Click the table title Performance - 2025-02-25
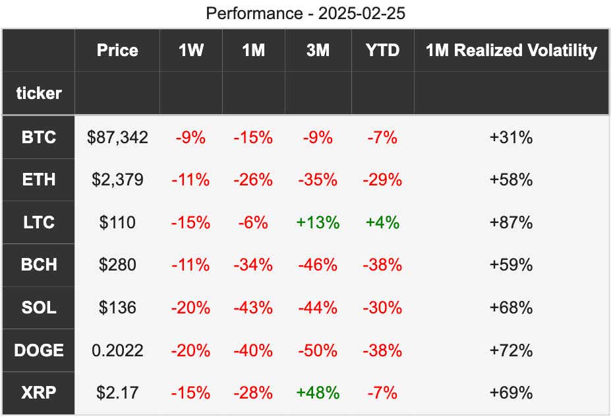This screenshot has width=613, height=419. point(305,13)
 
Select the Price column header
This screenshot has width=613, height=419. point(117,50)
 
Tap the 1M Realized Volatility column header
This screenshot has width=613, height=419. point(511,50)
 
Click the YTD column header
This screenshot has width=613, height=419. point(382,50)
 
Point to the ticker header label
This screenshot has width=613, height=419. point(39,93)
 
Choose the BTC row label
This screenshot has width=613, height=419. point(39,137)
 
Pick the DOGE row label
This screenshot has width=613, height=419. point(39,350)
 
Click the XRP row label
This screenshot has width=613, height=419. point(39,393)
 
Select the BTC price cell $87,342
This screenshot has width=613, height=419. point(117,137)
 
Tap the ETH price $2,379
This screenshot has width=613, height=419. point(117,179)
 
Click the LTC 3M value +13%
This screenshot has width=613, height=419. point(318,222)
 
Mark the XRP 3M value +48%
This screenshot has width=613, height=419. point(318,393)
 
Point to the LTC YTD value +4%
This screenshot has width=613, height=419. point(382,222)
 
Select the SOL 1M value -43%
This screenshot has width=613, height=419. point(253,307)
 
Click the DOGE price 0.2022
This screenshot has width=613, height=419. point(117,350)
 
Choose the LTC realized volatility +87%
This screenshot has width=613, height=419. point(511,222)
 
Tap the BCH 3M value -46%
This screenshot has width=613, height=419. point(318,265)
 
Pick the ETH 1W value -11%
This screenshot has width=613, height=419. point(190,179)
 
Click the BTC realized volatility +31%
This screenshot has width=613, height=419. point(511,137)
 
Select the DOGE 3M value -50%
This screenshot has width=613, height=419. point(318,350)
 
